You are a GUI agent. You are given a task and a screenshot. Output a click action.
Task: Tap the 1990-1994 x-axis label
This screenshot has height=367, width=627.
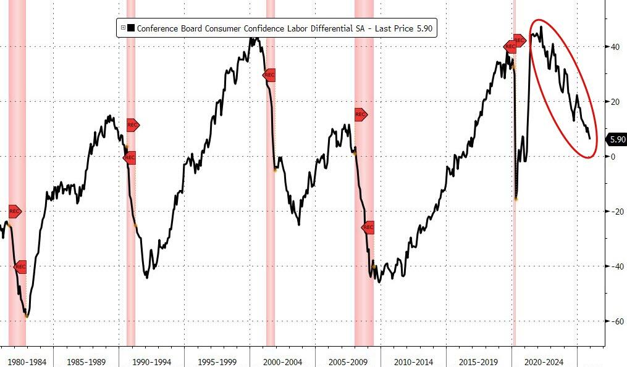click(151, 361)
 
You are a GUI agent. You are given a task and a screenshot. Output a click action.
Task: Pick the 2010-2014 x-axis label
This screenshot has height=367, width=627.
click(413, 361)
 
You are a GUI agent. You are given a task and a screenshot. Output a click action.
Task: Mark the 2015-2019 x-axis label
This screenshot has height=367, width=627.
click(479, 361)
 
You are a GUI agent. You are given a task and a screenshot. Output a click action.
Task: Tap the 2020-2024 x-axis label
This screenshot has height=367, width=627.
click(544, 361)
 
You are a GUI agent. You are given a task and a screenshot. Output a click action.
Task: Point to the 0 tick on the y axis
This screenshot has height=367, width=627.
click(613, 157)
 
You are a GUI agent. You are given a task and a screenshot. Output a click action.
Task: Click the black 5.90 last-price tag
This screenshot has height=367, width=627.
click(617, 139)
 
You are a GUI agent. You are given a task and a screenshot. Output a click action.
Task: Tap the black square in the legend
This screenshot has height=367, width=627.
click(132, 28)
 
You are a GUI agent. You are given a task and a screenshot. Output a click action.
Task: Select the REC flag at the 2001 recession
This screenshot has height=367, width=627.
click(269, 75)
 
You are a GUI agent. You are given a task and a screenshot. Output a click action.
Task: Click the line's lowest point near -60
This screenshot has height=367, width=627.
click(26, 316)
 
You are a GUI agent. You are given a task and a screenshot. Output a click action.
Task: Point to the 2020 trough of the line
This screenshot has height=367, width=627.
click(516, 198)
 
